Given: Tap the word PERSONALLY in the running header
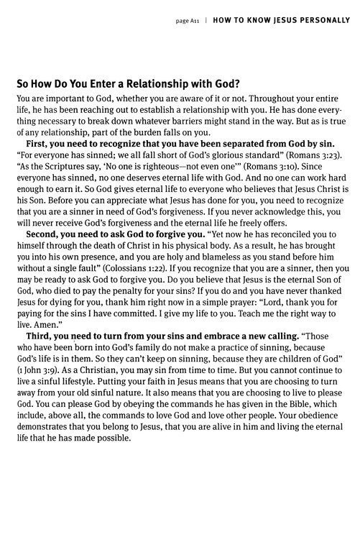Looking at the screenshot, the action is [x=317, y=20].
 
